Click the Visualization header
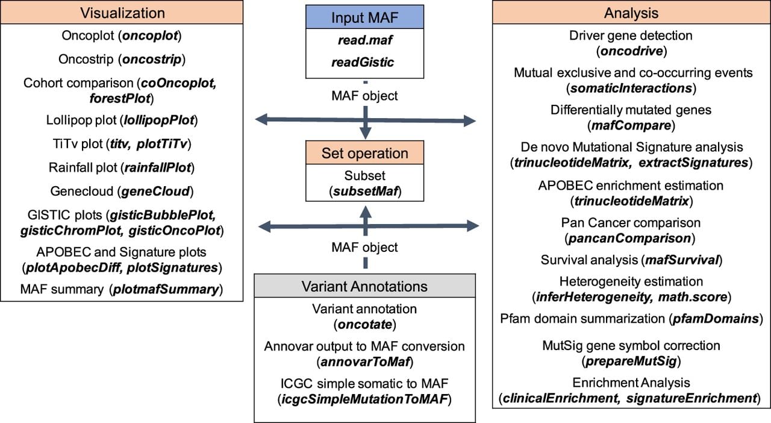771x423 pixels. tap(122, 13)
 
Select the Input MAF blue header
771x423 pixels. tap(365, 17)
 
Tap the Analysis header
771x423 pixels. tap(631, 13)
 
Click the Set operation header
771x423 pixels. tap(365, 152)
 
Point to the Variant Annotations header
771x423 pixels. tap(365, 286)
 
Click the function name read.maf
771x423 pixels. tap(365, 40)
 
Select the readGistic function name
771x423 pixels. tap(363, 62)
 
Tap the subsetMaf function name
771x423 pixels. tap(366, 191)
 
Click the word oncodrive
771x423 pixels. tap(632, 51)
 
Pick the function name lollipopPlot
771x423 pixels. tap(160, 120)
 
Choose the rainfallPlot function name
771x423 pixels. tap(158, 168)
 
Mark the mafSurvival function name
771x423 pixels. tap(682, 260)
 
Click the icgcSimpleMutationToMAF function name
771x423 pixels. tap(365, 399)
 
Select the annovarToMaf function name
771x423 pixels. tap(365, 362)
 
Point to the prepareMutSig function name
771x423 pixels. tap(631, 361)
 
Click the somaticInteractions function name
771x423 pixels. tap(631, 88)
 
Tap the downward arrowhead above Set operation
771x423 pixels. tap(366, 133)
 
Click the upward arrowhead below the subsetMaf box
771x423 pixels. tap(366, 212)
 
